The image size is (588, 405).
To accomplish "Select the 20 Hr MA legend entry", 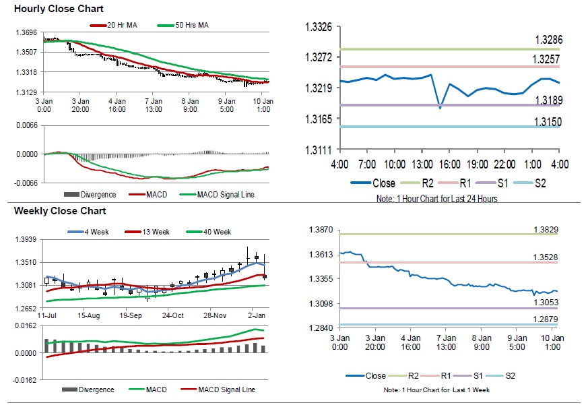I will coord(123,26).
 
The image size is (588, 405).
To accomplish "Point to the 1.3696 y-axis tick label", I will coord(26,32).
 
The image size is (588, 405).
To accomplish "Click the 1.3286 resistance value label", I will coord(548,40).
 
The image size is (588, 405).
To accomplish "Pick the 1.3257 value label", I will coord(548,59).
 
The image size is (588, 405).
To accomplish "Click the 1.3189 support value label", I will coord(548,100).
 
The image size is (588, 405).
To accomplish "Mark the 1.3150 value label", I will coord(548,121).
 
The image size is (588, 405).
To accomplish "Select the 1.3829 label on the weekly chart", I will coord(546,230).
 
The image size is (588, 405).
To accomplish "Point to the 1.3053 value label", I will coord(546,303).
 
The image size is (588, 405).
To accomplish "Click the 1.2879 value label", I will coord(546,318).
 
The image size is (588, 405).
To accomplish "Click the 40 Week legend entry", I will coord(216,232).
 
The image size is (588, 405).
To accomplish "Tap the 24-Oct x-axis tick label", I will coord(173,315).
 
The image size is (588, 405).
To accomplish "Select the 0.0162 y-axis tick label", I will coord(25,326).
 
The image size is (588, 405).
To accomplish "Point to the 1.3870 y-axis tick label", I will coord(319,230).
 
